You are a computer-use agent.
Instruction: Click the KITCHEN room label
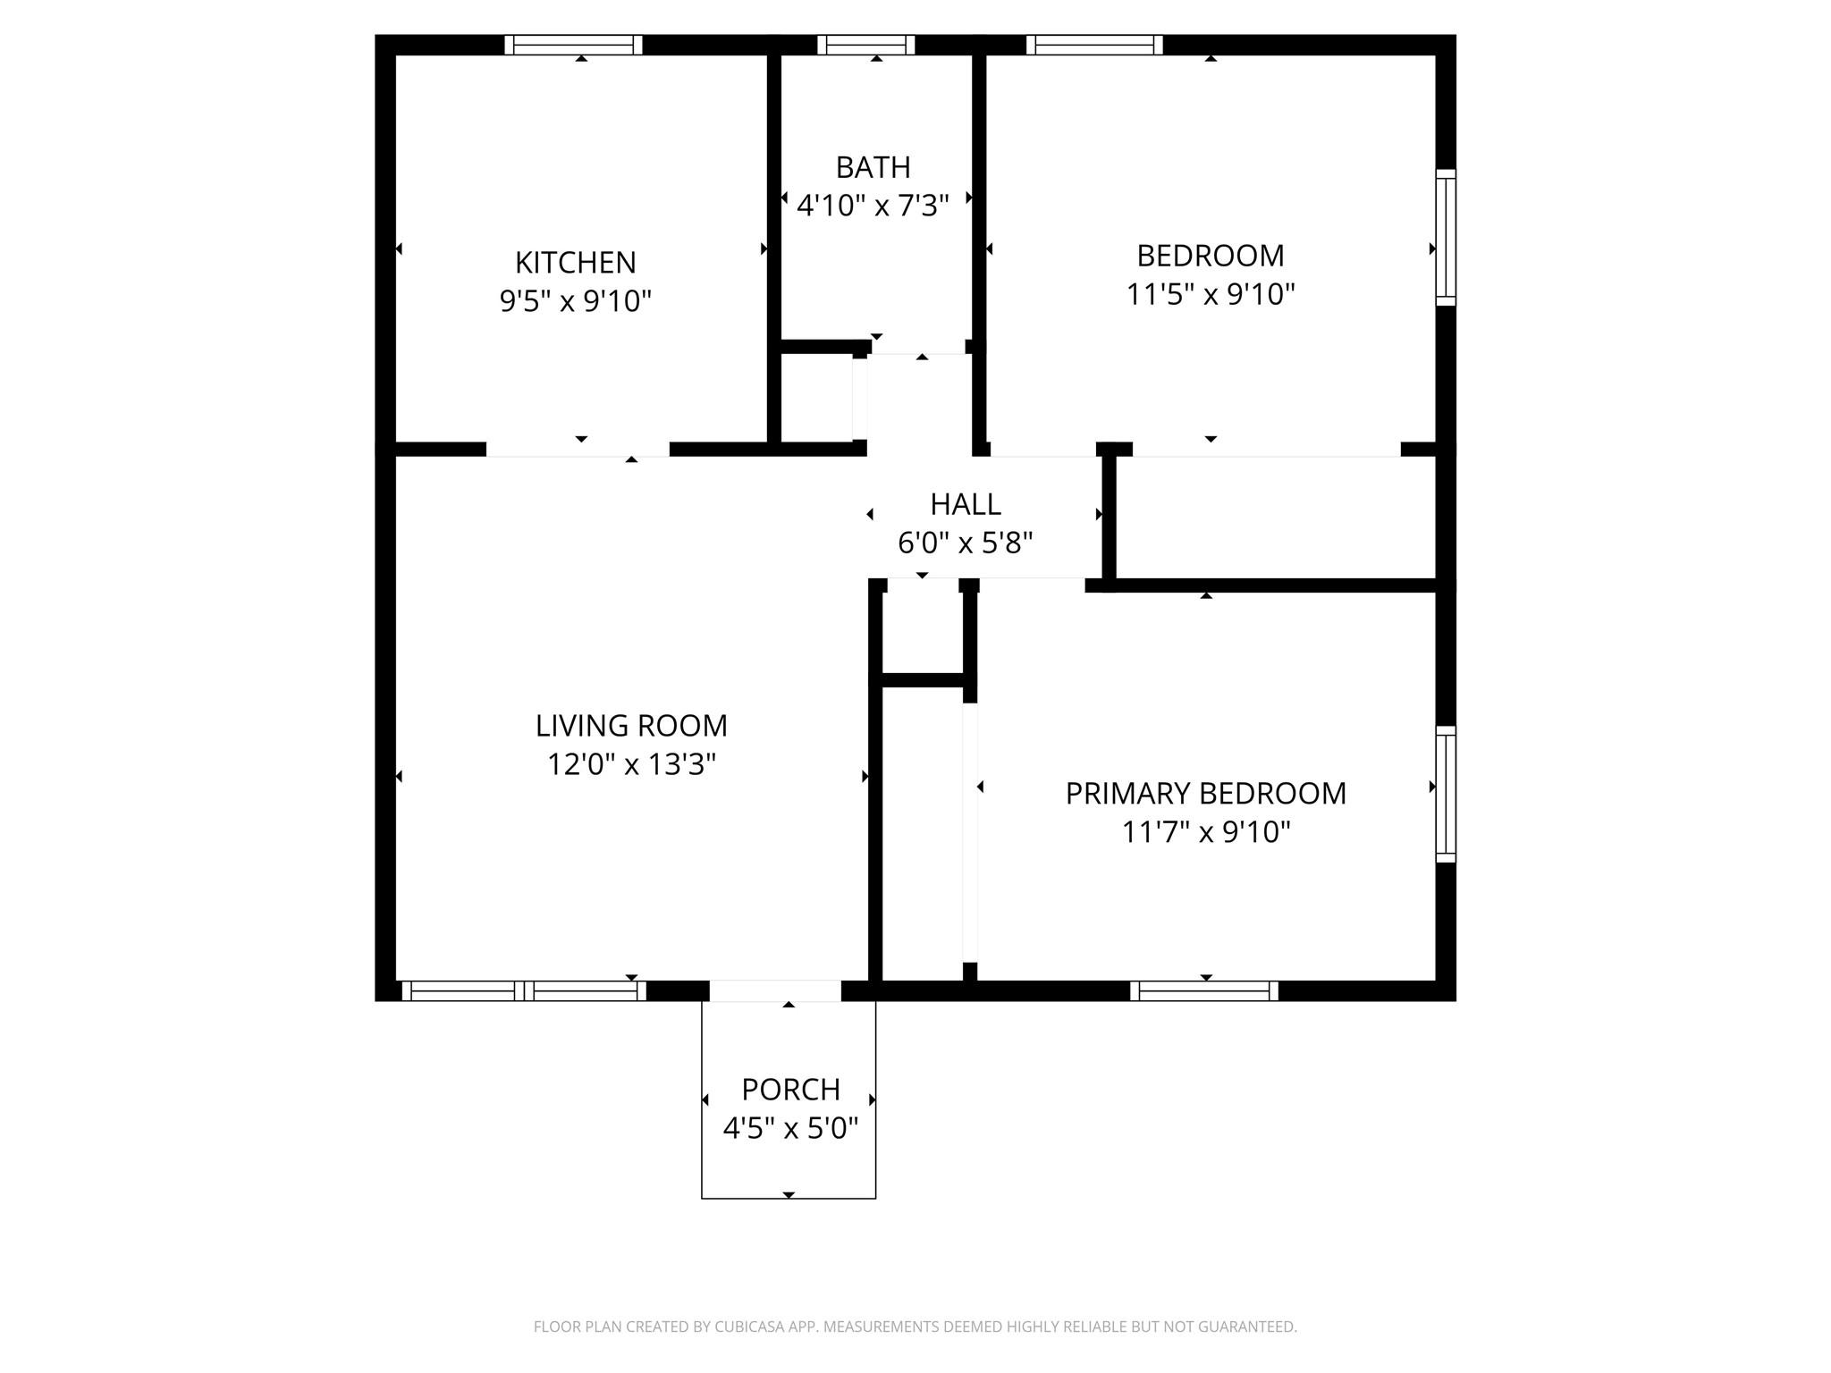click(x=575, y=263)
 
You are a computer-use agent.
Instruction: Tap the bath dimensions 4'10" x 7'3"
click(x=873, y=206)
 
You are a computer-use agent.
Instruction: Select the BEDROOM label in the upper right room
click(x=1210, y=256)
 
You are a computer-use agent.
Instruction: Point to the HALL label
click(x=965, y=504)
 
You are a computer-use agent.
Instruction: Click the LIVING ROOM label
click(x=631, y=725)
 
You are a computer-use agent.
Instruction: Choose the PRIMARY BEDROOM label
click(x=1205, y=794)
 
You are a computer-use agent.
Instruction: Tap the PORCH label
click(x=790, y=1090)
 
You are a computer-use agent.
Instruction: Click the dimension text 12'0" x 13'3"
click(x=631, y=765)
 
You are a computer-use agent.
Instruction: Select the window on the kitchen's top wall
click(x=573, y=45)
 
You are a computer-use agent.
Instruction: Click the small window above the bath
click(x=865, y=45)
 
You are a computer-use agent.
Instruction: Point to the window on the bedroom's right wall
click(x=1445, y=237)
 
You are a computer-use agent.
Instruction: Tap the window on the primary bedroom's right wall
click(x=1445, y=794)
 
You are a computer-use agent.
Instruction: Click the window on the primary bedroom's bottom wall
click(x=1204, y=990)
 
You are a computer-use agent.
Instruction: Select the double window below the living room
click(x=524, y=990)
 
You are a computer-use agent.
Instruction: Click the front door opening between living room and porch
click(x=775, y=990)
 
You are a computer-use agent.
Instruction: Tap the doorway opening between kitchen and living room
click(x=578, y=450)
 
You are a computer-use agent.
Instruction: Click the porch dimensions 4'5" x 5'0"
click(x=790, y=1129)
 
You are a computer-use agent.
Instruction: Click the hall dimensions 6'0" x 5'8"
click(x=965, y=543)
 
